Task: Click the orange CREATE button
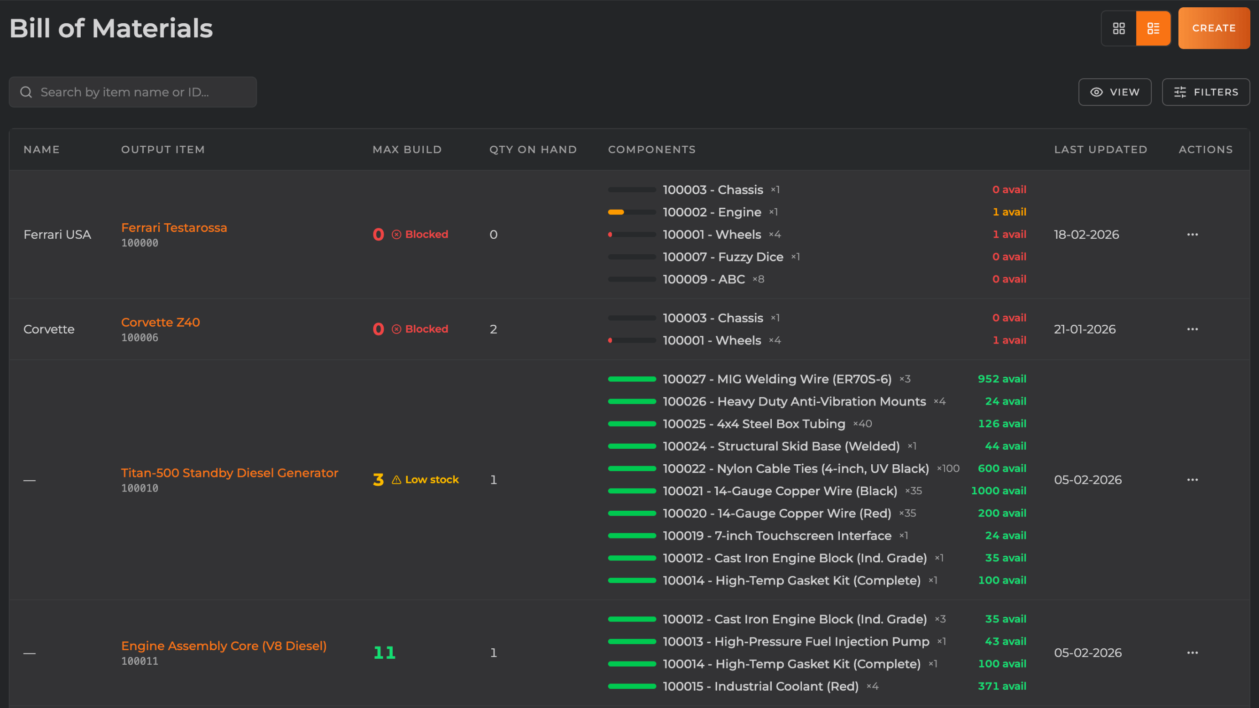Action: point(1213,28)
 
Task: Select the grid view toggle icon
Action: point(1119,28)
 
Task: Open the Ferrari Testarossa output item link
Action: point(174,227)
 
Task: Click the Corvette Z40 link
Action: point(160,322)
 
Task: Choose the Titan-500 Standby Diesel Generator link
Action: point(229,472)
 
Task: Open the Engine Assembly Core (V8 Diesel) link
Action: point(224,646)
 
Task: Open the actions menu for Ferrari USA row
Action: point(1192,234)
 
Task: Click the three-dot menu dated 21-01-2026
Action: point(1192,329)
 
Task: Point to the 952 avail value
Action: point(1001,379)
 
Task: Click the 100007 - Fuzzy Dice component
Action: point(723,257)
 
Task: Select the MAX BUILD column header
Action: point(406,149)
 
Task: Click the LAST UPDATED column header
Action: point(1100,149)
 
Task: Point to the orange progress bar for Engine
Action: point(616,212)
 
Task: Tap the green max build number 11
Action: point(384,652)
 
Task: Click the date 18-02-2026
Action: point(1086,234)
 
